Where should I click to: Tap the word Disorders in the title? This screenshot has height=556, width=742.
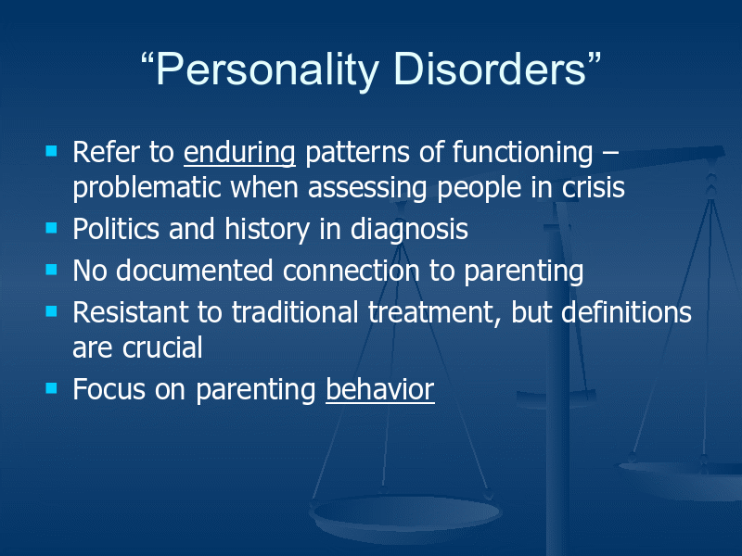490,69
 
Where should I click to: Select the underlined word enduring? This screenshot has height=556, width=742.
239,154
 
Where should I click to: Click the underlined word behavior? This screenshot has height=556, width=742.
380,389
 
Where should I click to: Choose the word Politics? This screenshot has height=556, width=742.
116,229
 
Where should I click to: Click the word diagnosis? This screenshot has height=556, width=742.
409,230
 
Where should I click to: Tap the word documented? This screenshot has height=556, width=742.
195,271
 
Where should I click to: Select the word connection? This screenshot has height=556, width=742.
352,271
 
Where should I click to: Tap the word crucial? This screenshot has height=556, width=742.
162,347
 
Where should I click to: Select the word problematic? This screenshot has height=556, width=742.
147,188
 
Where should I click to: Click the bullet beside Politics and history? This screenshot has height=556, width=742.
51,228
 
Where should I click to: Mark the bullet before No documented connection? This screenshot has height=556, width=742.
51,270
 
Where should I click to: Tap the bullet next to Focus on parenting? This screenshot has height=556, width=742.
51,388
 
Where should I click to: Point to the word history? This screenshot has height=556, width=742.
267,230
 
